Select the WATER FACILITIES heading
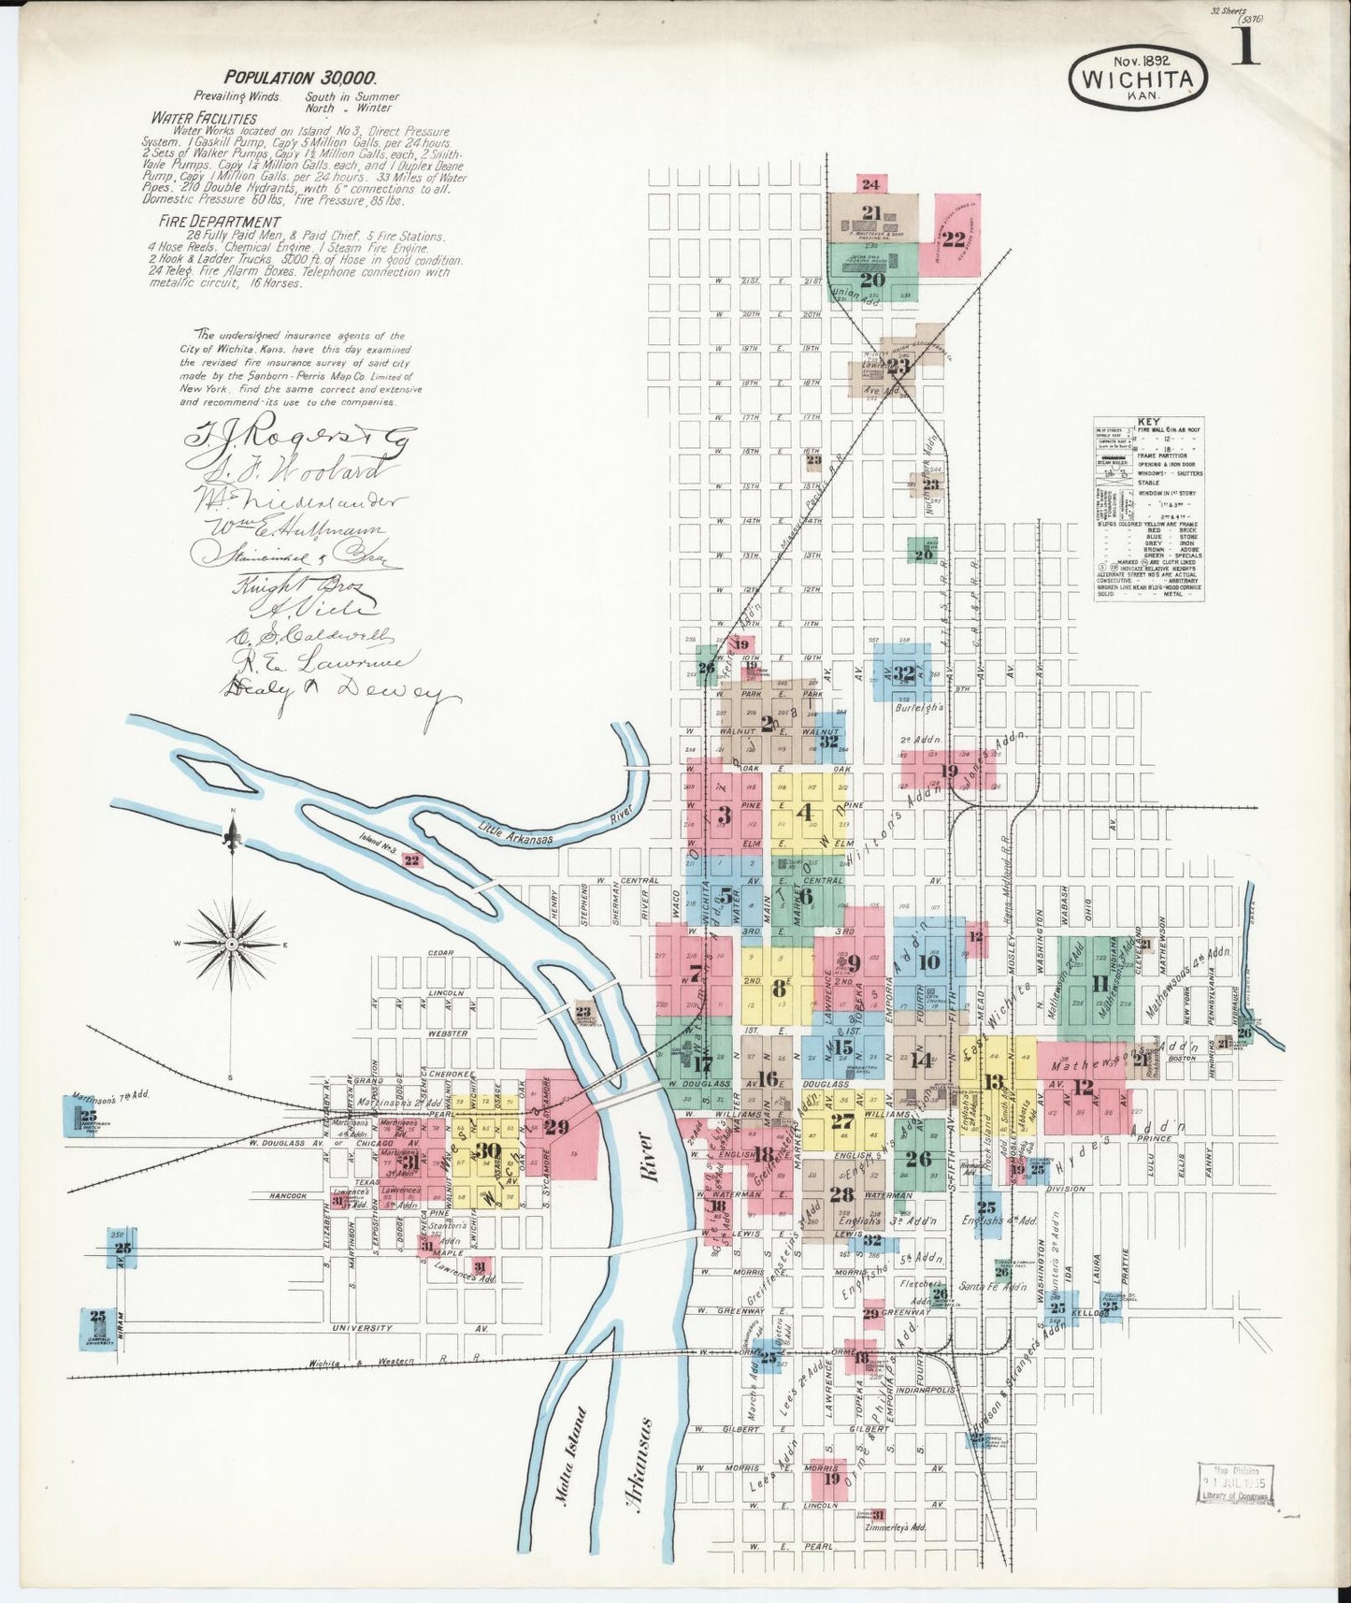[x=205, y=119]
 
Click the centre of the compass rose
[x=231, y=945]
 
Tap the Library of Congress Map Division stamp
[x=1233, y=1483]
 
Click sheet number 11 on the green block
[x=1099, y=983]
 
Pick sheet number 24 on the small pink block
[x=870, y=184]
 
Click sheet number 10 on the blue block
[x=928, y=961]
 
